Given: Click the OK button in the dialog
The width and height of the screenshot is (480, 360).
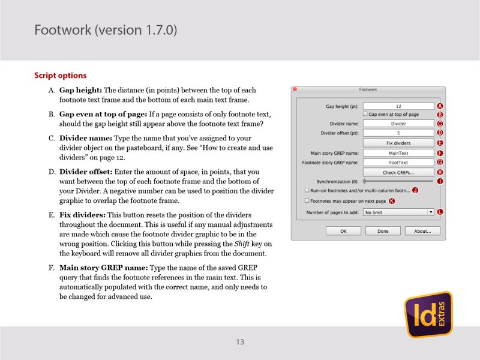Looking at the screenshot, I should coord(343,230).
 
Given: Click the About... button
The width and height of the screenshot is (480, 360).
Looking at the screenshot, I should coord(422,230).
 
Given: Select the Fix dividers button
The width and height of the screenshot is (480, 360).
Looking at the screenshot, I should coord(398,143).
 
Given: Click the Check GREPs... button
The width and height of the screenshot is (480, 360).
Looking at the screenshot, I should coord(398,172).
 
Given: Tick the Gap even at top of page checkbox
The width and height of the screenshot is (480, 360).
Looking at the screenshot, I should coord(365,114).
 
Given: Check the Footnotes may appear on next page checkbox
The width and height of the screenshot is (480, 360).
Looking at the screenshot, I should coord(307,201).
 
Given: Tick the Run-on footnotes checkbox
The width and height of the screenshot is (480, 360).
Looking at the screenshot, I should coord(307,190).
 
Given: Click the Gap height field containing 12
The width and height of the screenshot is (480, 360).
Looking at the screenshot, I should coord(398,106).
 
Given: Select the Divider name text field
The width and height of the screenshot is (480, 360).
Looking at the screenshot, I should coord(398,124).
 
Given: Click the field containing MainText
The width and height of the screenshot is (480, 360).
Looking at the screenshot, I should coord(398,153).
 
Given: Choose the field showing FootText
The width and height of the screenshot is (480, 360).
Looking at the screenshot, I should coord(398,162).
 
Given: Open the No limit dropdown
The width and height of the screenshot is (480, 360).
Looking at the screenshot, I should coord(398,212).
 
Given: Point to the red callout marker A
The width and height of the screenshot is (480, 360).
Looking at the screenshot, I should coord(440,106).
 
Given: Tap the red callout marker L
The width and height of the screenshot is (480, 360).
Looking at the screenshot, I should coord(440,212).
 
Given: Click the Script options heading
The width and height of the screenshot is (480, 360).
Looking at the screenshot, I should coord(61,76).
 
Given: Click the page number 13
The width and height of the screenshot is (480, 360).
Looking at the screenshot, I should coord(240,342).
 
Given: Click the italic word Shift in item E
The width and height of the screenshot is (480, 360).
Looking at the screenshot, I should coord(224,243).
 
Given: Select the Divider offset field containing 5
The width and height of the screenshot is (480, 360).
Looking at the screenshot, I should coord(398,133).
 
